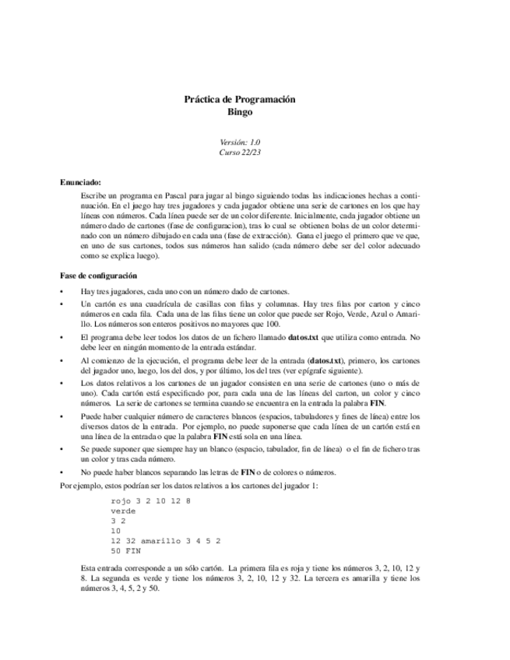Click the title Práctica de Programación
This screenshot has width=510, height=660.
click(x=240, y=100)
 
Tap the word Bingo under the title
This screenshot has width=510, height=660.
click(x=240, y=112)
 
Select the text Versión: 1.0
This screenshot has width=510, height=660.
click(x=240, y=142)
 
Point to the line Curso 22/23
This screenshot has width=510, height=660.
click(x=240, y=153)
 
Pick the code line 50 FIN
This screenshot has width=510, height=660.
click(x=125, y=550)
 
